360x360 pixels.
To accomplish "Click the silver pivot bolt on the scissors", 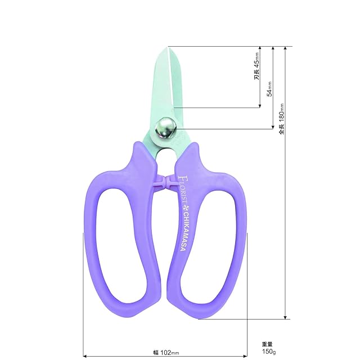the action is click(165, 128).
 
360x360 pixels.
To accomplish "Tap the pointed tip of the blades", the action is click(168, 47).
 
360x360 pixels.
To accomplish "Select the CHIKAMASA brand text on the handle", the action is click(183, 231).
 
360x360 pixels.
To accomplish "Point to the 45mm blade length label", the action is click(256, 66).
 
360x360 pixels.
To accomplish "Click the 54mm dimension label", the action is click(270, 89).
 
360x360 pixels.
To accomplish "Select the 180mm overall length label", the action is click(281, 119).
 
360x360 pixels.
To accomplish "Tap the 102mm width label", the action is click(166, 352).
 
